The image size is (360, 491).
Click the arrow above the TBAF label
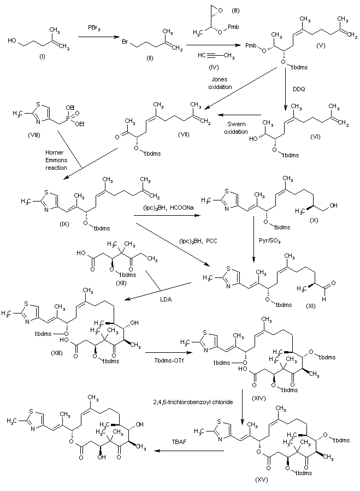pos(190,451)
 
